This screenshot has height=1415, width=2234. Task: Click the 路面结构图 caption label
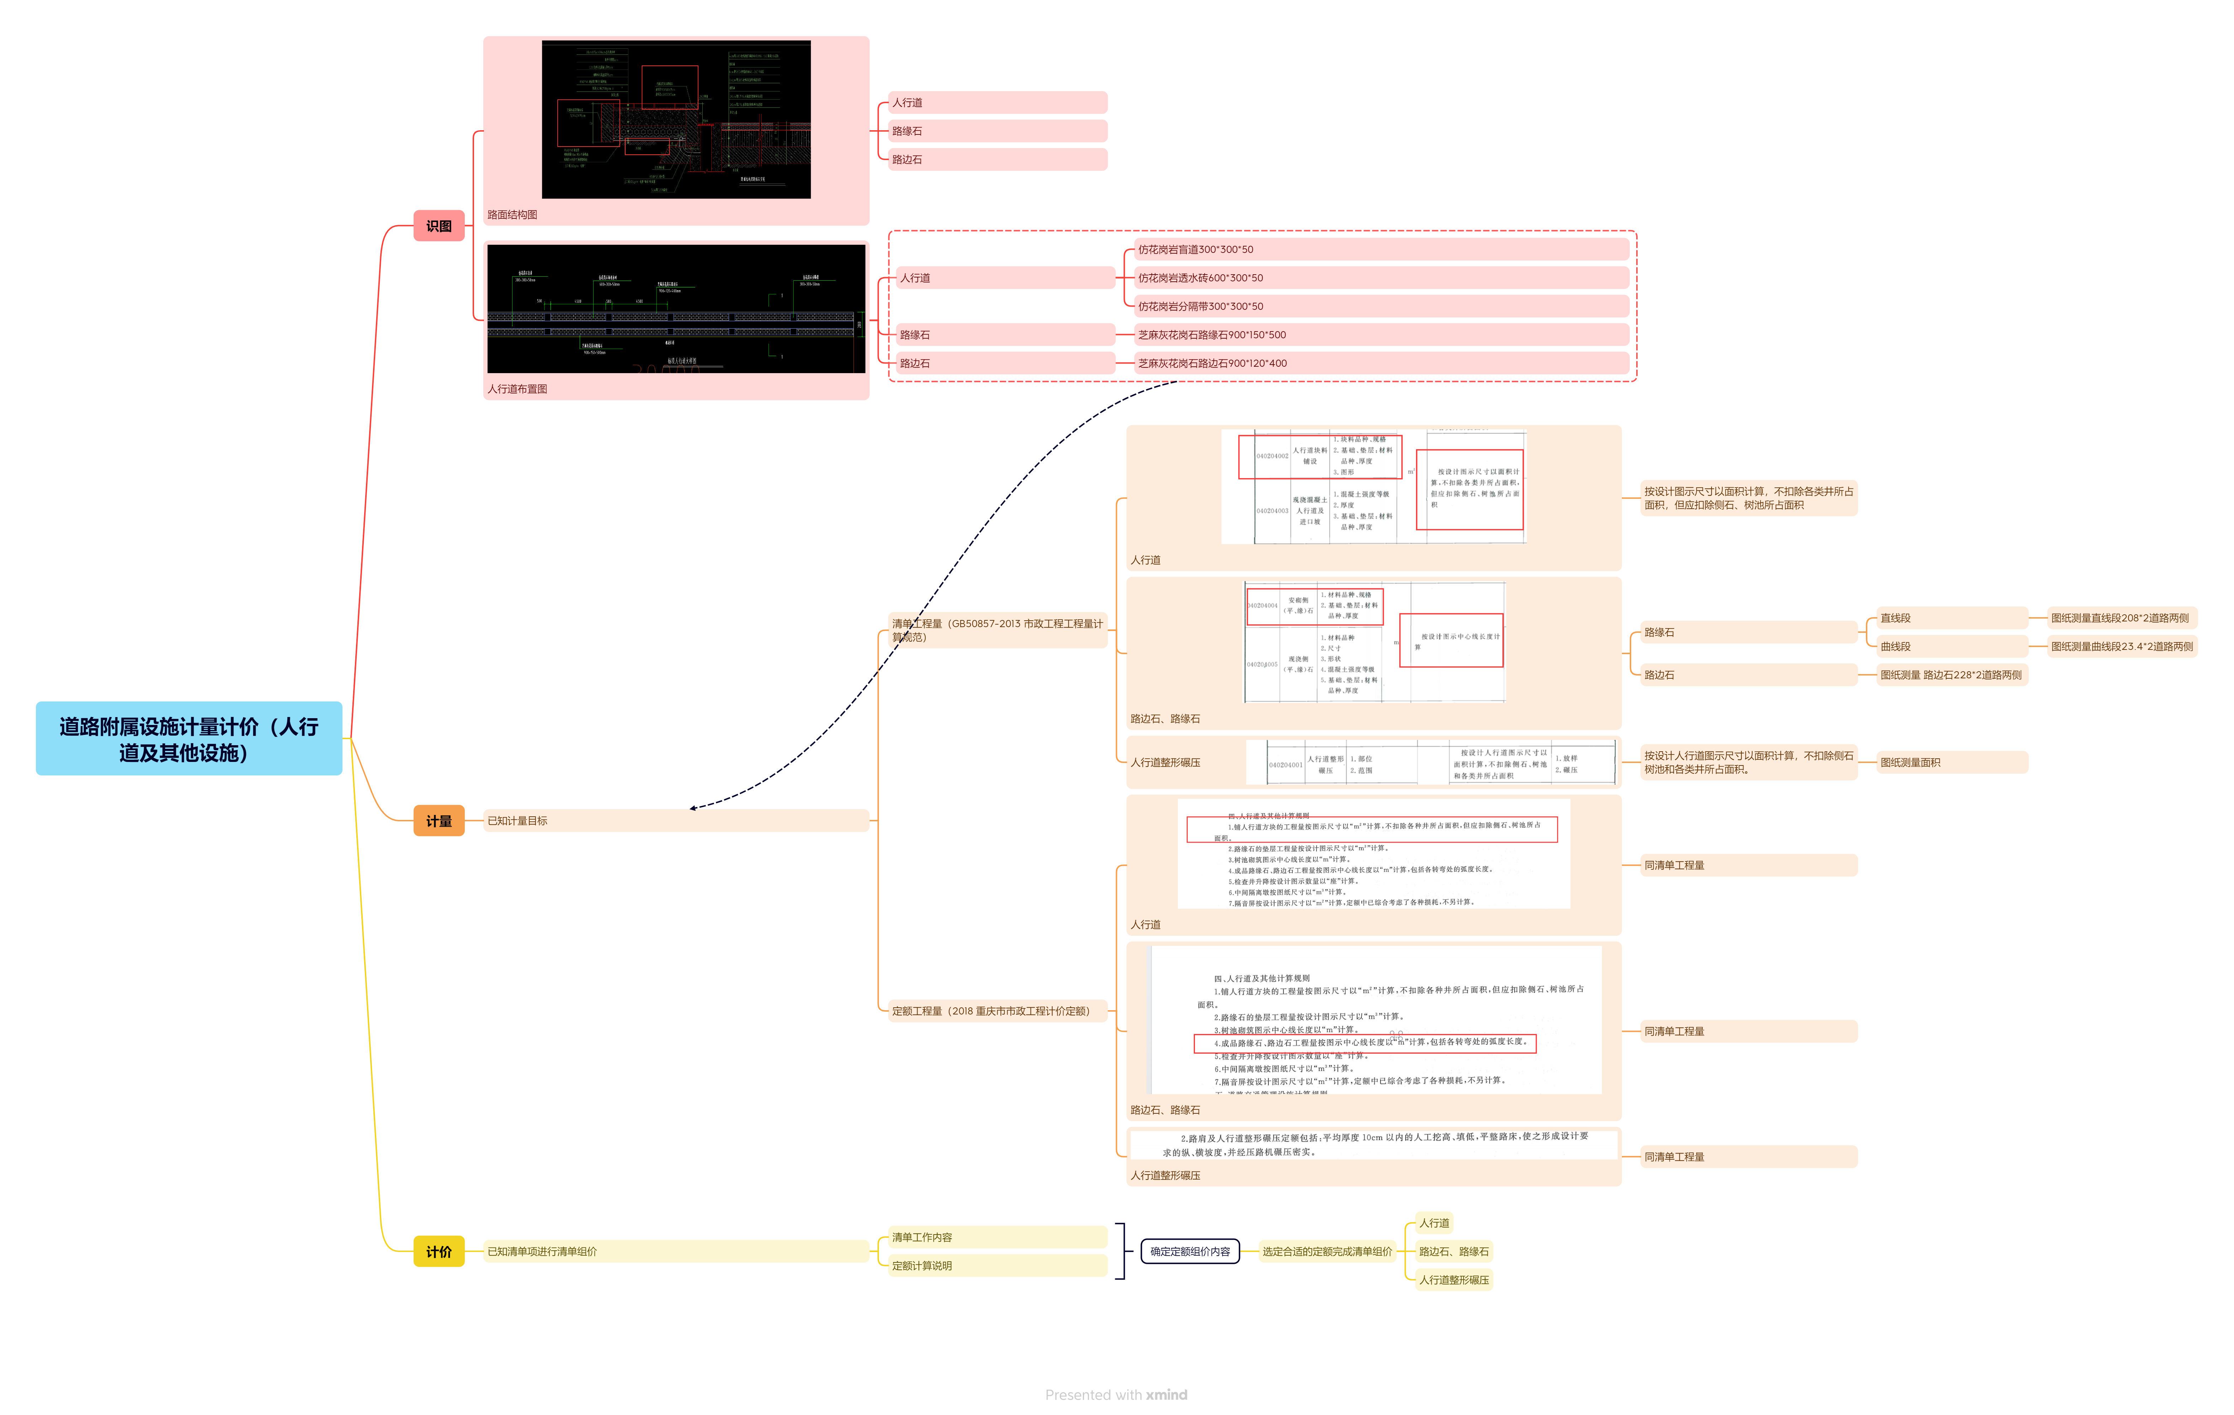512,214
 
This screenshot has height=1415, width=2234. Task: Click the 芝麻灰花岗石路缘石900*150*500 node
1212,335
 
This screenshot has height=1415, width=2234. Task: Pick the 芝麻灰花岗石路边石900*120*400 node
1212,364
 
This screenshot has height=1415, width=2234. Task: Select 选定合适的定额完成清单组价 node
1327,1251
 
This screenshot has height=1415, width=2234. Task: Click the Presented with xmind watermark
1116,1395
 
